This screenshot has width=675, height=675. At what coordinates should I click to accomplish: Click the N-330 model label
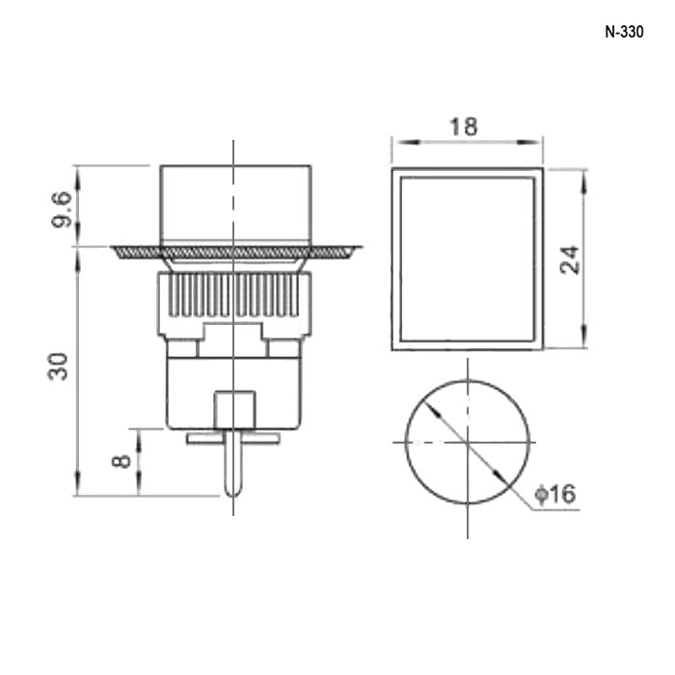coord(624,32)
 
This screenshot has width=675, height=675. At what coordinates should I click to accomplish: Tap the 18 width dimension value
coord(463,127)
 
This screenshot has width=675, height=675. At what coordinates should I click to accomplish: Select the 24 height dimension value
coord(570,259)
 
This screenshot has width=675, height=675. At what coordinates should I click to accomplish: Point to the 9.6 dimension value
coord(61,209)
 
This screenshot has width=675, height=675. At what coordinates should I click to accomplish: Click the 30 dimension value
coord(58,366)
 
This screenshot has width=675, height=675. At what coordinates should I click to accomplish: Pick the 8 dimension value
coord(121,461)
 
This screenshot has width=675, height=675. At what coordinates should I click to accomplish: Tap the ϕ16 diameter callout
coord(554,494)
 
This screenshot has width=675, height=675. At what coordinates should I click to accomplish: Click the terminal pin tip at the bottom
coord(233,496)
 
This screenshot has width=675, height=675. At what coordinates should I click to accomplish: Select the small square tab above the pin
coord(234,410)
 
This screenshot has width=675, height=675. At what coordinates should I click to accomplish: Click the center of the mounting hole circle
coord(468,442)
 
